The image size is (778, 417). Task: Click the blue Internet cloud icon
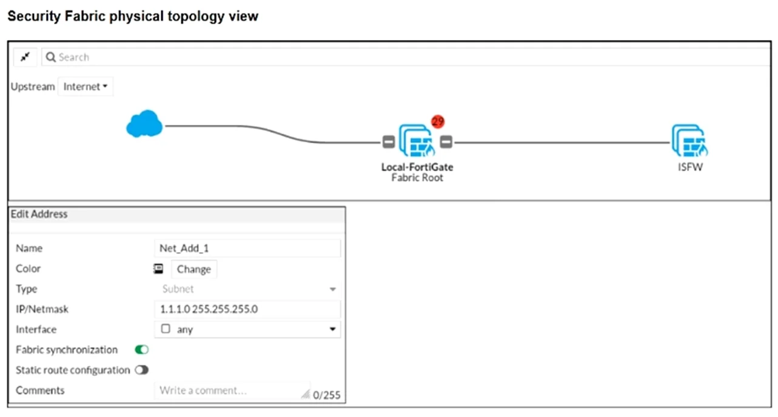point(144,124)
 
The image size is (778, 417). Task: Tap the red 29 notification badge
point(438,121)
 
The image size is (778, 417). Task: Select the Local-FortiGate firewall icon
point(417,141)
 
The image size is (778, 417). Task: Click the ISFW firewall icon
point(690,141)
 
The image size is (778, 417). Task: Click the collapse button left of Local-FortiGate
point(389,142)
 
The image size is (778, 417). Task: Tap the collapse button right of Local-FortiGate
point(446,142)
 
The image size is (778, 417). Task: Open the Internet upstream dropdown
point(86,87)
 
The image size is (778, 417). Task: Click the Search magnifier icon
point(51,57)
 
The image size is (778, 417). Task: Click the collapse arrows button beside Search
point(25,57)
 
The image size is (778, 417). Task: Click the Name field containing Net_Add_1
point(247,249)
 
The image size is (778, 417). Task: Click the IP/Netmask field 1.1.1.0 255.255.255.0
point(247,309)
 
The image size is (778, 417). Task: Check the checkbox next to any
point(166,329)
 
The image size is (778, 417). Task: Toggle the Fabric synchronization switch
point(142,350)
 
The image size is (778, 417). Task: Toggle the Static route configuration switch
point(142,370)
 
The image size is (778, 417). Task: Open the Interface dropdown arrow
point(332,329)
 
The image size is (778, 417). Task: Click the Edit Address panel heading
point(39,214)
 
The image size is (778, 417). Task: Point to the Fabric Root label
point(417,178)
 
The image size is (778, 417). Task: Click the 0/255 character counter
point(326,395)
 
